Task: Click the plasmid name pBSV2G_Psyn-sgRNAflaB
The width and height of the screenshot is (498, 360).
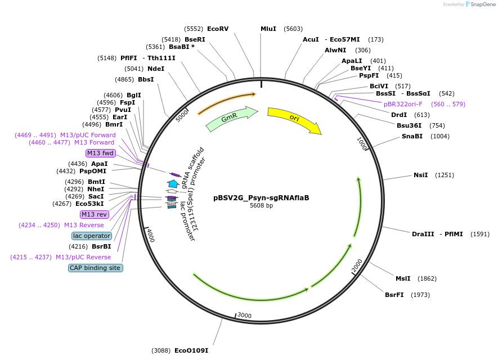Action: click(x=261, y=198)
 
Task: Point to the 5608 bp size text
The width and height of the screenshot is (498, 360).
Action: click(x=261, y=206)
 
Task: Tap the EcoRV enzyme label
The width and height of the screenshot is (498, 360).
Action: click(x=218, y=29)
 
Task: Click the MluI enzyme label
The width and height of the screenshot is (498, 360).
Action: click(x=268, y=29)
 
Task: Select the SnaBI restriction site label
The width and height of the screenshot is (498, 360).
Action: click(x=412, y=136)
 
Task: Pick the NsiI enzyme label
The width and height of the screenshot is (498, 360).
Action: click(x=421, y=175)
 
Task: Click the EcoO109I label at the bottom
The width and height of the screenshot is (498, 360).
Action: click(x=191, y=350)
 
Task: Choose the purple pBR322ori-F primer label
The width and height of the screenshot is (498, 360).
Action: click(x=403, y=104)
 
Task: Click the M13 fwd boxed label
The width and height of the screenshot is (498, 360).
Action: click(x=101, y=153)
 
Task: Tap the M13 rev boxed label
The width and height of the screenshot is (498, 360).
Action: click(x=94, y=214)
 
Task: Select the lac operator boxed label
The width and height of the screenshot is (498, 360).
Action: click(x=92, y=236)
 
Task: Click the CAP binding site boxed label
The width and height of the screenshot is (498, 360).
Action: click(x=96, y=268)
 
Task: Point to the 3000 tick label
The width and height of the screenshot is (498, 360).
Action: click(x=244, y=316)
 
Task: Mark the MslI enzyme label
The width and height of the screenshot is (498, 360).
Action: click(x=403, y=278)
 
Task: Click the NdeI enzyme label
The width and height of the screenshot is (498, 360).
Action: click(x=156, y=69)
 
